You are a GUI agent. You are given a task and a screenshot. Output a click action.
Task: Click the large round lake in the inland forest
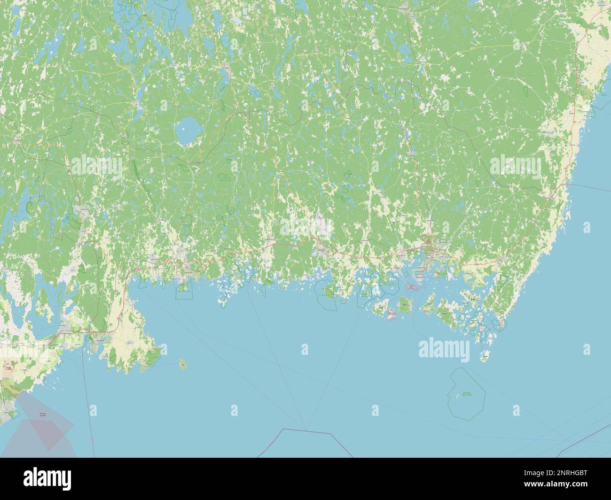pos(188,131)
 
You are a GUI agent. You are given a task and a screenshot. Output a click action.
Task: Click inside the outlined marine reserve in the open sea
pos(466,392)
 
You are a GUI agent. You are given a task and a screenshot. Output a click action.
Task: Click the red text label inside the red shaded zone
pos(43,414)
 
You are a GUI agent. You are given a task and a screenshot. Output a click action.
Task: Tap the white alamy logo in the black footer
pos(47,478)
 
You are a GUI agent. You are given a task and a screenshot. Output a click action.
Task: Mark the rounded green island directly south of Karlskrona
pos(404,307)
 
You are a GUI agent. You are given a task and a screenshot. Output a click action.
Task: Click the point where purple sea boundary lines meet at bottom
pos(305,430)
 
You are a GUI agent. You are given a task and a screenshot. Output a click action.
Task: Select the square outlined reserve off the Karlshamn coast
pos(184,292)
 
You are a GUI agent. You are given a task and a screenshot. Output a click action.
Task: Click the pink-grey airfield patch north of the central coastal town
pos(320,219)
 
